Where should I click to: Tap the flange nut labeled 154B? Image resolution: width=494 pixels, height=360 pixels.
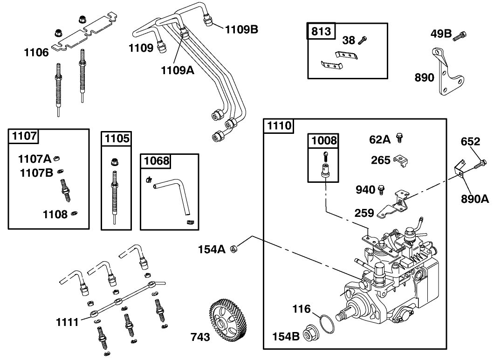pyautogui.click(x=310, y=334)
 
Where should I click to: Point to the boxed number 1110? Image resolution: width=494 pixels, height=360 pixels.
pyautogui.click(x=279, y=125)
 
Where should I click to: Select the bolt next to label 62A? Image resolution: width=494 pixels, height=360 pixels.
pyautogui.click(x=399, y=138)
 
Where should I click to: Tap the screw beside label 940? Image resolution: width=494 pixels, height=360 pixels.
pyautogui.click(x=381, y=189)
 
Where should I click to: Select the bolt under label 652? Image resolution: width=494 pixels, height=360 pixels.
pyautogui.click(x=480, y=164)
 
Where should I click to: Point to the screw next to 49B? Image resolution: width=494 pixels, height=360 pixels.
pyautogui.click(x=461, y=34)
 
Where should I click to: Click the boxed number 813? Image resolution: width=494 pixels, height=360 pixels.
pyautogui.click(x=321, y=31)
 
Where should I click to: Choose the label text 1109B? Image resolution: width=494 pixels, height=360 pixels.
pyautogui.click(x=241, y=30)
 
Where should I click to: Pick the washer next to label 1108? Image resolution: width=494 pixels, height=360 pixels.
pyautogui.click(x=74, y=214)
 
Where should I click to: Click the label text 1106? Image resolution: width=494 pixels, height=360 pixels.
pyautogui.click(x=36, y=53)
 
